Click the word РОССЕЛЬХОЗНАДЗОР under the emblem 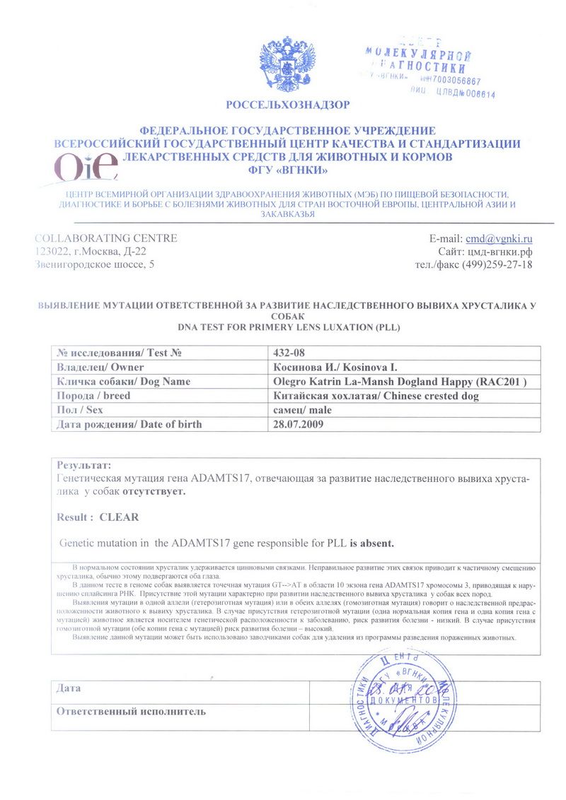(x=287, y=105)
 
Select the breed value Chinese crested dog (x=375, y=396)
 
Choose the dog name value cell (x=400, y=382)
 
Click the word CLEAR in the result (x=119, y=517)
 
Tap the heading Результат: (x=83, y=465)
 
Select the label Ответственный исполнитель (x=131, y=711)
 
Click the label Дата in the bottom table (x=69, y=688)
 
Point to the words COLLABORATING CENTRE (x=106, y=238)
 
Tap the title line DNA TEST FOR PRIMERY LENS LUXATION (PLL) (x=287, y=328)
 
